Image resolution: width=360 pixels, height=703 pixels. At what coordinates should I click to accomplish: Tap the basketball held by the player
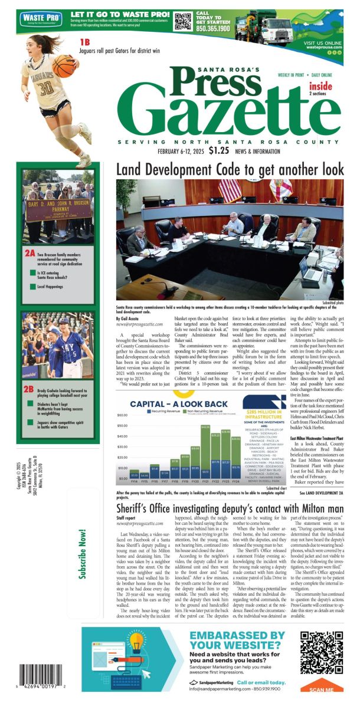[63, 64]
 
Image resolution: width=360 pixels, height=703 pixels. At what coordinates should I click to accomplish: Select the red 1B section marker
[86, 42]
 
